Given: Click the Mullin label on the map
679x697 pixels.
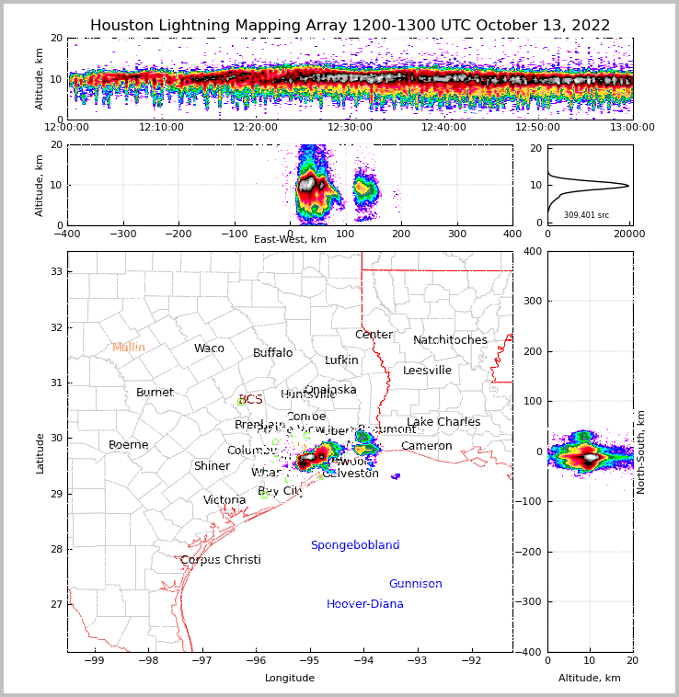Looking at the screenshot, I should pos(129,348).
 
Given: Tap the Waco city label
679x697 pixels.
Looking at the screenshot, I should pos(209,348).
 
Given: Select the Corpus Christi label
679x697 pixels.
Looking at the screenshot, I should pos(220,560).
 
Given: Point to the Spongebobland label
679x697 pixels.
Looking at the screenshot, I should pos(354,545).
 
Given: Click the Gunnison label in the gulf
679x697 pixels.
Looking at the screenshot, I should pos(415,584).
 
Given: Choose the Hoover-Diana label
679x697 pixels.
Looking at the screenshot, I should pos(364,604).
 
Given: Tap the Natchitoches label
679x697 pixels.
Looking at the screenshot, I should pos(450,340).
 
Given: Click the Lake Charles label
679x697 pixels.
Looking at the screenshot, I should pos(443,422).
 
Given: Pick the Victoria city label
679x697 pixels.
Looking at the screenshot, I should pos(224,500).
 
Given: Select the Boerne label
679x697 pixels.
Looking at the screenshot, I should pos(128,445).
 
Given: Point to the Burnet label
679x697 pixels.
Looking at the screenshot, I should pos(155,393).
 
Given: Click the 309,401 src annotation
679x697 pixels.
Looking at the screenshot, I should pos(586,215).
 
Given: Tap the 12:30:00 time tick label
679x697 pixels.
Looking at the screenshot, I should pos(351,128).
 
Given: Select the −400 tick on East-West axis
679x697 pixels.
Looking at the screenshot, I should pos(67,234).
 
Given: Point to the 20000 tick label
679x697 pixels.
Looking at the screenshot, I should pos(630,234).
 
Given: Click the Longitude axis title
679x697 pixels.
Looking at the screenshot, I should pos(290,678).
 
